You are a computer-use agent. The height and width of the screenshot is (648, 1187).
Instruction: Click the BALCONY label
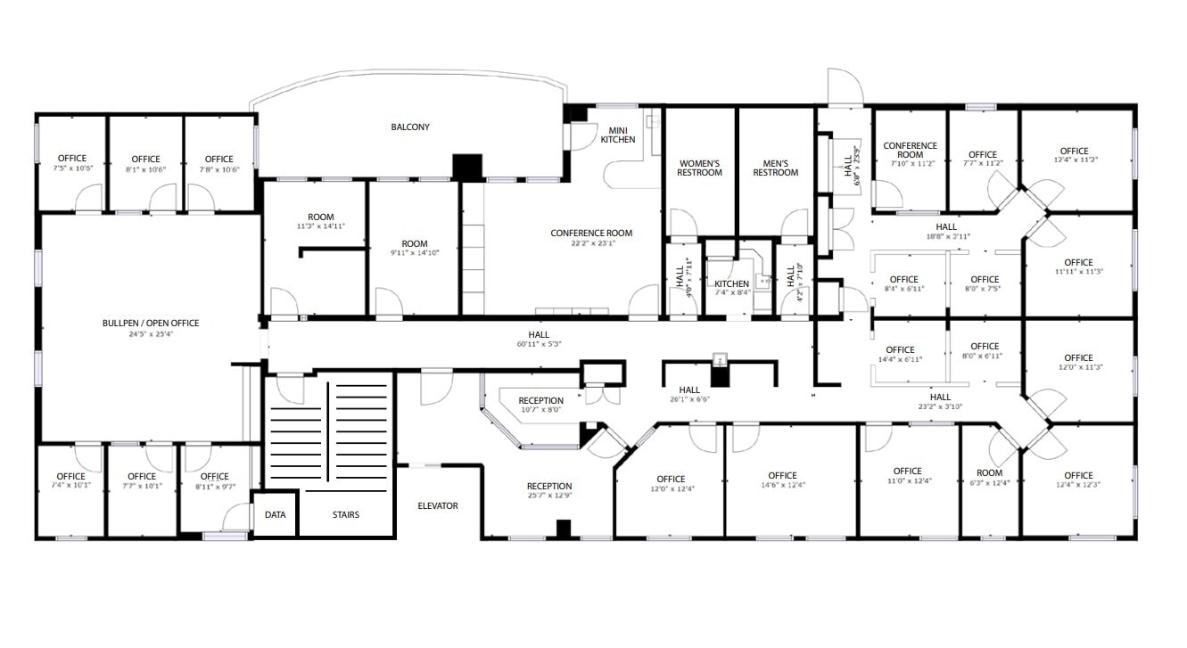click(410, 127)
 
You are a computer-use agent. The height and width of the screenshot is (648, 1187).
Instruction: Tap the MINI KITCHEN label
click(618, 135)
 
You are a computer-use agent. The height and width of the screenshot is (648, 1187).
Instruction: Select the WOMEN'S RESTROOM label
click(700, 168)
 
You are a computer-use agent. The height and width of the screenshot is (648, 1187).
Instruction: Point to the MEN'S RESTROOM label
click(775, 168)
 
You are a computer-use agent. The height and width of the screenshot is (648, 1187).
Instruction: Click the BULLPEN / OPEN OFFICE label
click(151, 323)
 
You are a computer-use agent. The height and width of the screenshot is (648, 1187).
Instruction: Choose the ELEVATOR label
click(438, 506)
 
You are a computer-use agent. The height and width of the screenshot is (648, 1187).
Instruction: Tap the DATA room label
click(276, 514)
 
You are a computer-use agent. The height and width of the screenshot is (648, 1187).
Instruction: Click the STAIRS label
click(346, 514)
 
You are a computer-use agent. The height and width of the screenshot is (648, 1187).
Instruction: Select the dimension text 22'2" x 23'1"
click(591, 242)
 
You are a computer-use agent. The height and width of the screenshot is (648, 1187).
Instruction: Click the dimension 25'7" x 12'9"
click(548, 496)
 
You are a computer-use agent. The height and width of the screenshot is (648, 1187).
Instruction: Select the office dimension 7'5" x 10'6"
click(71, 168)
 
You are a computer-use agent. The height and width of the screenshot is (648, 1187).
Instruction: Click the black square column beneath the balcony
click(466, 167)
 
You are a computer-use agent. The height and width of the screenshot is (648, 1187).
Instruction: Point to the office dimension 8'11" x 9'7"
click(214, 487)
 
